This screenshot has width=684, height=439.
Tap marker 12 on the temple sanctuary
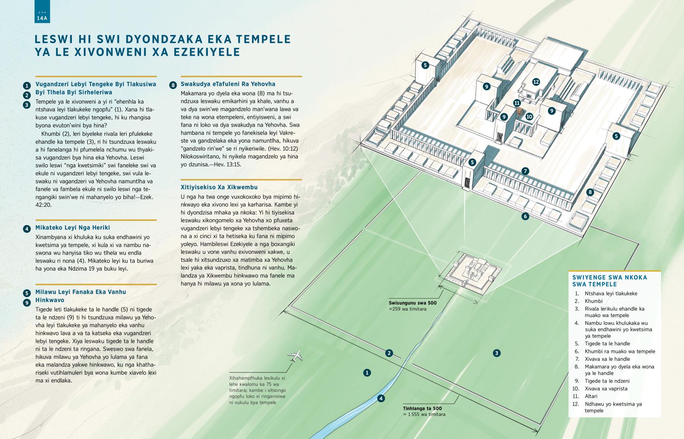tap(536, 82)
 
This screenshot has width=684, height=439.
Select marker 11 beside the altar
tap(517, 103)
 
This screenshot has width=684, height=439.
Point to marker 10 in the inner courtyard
tap(529, 116)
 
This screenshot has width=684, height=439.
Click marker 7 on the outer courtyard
tap(525, 171)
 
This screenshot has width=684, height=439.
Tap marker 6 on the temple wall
tap(525, 217)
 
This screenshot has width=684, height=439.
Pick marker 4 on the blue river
tap(381, 398)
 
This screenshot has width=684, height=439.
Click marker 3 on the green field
tap(496, 353)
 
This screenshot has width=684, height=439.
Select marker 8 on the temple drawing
tap(590, 192)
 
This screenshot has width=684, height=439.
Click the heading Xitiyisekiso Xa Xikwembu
tap(219, 187)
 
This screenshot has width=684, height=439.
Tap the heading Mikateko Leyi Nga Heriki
tap(73, 228)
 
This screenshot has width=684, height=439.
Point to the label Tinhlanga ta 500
tap(422, 409)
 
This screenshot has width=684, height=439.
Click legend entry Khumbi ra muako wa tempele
tap(620, 351)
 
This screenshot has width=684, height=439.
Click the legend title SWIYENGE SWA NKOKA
tap(610, 277)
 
